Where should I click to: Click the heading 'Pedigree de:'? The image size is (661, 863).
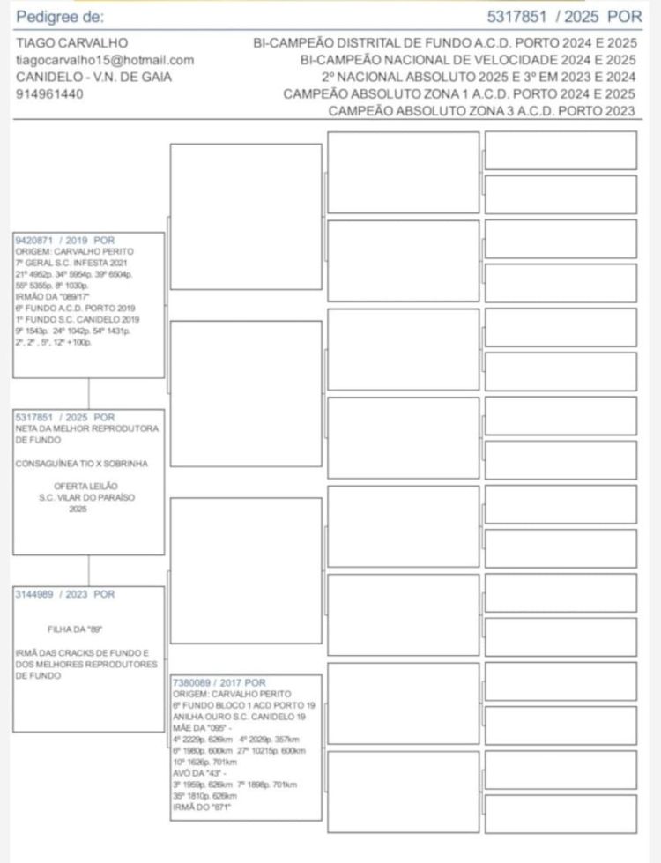click(x=59, y=17)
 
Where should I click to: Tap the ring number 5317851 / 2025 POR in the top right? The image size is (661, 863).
click(x=564, y=17)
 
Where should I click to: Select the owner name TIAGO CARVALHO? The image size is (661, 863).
click(x=71, y=43)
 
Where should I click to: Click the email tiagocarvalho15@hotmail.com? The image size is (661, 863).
click(x=105, y=60)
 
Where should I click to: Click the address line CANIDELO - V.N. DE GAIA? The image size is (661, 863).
click(x=93, y=77)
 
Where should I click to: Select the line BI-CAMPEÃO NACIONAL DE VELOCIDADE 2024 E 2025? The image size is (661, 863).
click(x=467, y=60)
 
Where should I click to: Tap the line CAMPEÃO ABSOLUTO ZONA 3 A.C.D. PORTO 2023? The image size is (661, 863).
click(x=481, y=111)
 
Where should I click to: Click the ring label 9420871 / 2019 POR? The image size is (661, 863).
click(x=65, y=240)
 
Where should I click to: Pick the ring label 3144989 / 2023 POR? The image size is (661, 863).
click(x=65, y=595)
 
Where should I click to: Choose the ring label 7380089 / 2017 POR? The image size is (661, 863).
click(x=219, y=683)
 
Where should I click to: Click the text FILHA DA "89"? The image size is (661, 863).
click(x=75, y=629)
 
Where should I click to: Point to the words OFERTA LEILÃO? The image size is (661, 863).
click(x=87, y=486)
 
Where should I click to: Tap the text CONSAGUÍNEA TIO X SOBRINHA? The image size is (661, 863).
click(x=82, y=463)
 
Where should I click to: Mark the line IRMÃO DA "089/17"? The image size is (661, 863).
click(x=49, y=297)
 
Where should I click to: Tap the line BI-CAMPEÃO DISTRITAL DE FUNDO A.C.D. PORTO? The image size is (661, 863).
click(x=444, y=43)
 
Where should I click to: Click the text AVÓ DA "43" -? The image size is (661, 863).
click(x=201, y=773)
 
